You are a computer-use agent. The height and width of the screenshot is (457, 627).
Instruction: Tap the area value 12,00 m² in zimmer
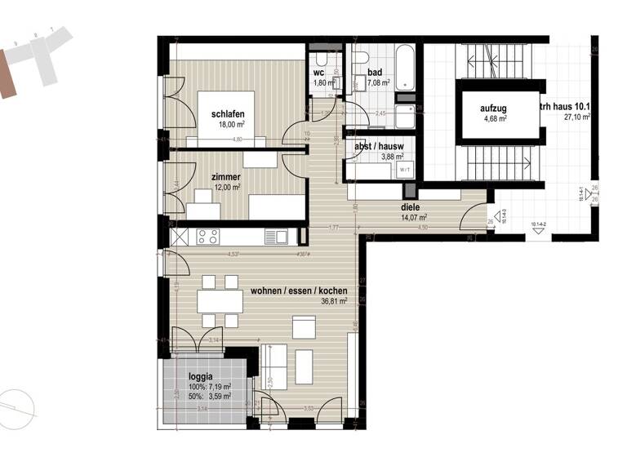(226, 187)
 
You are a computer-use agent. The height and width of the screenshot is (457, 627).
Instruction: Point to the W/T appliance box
(404, 170)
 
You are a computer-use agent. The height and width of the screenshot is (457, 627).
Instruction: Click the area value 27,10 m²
(576, 117)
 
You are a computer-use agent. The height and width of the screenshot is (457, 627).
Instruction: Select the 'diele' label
(409, 206)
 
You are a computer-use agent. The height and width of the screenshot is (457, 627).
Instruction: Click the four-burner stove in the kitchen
(207, 237)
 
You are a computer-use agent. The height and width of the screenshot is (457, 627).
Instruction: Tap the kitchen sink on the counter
(280, 237)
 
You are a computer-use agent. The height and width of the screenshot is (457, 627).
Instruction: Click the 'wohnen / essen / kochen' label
(299, 291)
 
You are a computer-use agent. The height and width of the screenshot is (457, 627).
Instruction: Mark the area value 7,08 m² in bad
(379, 82)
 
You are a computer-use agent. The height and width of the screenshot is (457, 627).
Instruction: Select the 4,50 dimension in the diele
(422, 228)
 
